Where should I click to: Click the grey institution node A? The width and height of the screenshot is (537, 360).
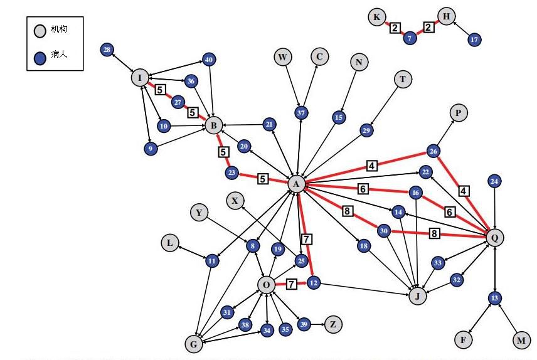297,184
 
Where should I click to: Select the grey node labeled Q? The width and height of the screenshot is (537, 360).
495,237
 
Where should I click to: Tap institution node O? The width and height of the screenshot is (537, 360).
267,284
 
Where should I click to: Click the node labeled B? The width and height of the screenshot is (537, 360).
214,125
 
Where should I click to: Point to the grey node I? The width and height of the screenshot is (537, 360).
139,78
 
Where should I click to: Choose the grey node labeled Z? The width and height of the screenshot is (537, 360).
332,324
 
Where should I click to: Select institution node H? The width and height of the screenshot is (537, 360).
446,16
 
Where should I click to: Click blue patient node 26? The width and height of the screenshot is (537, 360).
433,151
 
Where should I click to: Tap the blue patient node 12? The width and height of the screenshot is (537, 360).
314,283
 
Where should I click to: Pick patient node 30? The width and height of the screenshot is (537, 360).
384,231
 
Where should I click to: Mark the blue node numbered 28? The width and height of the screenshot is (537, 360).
107,50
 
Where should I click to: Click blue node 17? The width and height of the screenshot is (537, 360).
474,40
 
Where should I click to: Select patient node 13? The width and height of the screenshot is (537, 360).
496,297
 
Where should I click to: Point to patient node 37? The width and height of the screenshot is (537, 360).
302,112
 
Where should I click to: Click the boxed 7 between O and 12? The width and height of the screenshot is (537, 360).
291,284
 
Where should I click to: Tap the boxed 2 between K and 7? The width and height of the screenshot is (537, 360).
395,28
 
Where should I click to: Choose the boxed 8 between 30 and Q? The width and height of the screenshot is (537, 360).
435,233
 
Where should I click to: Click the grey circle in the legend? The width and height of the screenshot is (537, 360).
40,29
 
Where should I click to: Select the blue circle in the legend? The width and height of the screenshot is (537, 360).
40,57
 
